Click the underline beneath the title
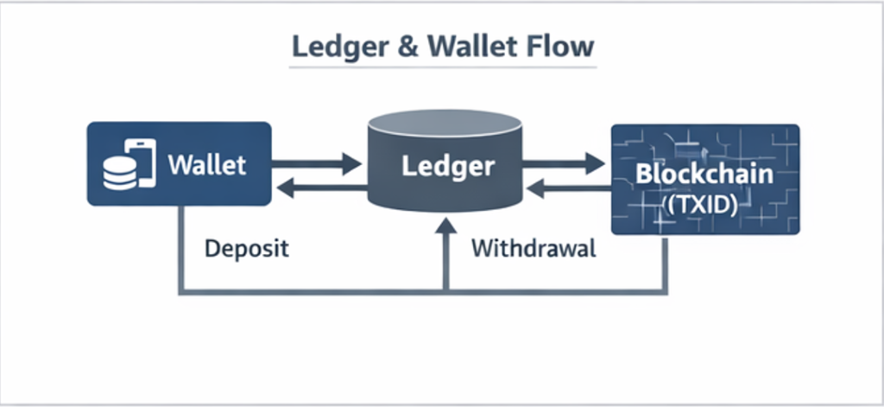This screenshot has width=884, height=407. tap(440, 67)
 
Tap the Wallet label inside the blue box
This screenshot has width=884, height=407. tap(207, 163)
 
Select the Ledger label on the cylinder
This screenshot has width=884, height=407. tap(447, 165)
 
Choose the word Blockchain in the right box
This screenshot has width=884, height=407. tap(704, 174)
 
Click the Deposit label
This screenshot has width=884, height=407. tap(246, 250)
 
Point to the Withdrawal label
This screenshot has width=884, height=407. tap(533, 250)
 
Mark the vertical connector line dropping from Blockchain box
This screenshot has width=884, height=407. tap(666, 264)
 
